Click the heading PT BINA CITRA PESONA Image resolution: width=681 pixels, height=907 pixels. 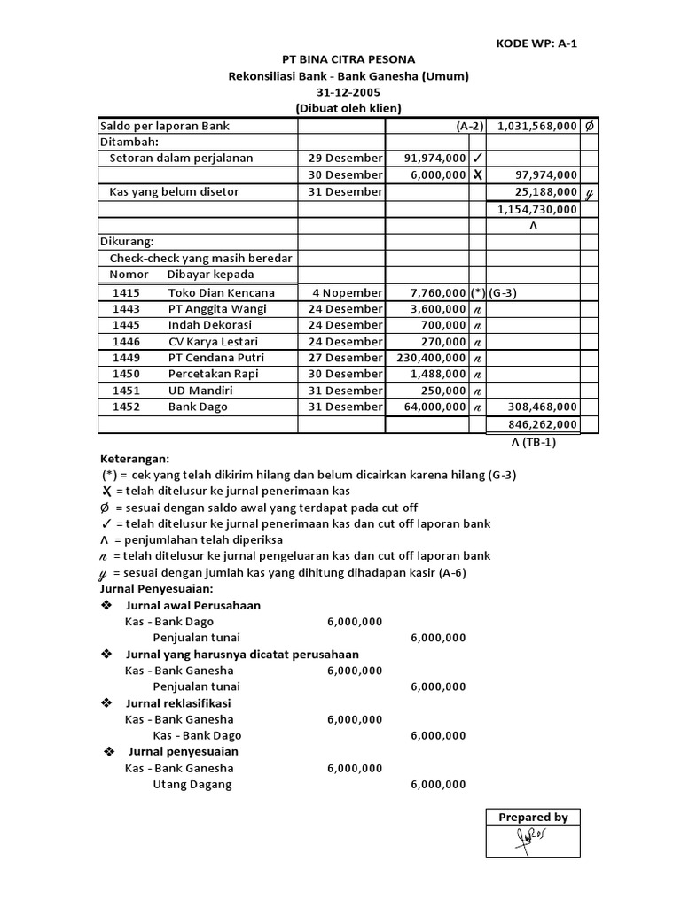(348, 59)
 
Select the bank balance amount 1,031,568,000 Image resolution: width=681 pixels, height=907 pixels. (537, 127)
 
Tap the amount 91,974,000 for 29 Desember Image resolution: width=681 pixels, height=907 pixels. (434, 159)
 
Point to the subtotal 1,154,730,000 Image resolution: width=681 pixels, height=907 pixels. (537, 209)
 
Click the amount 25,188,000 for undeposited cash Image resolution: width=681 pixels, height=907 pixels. (546, 191)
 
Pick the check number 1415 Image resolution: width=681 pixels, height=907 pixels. (126, 292)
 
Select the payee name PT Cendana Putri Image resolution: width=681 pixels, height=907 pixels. (216, 358)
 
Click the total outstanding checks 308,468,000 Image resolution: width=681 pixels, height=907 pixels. (542, 407)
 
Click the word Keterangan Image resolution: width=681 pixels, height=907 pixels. (133, 459)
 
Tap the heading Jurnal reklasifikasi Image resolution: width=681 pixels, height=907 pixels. (182, 703)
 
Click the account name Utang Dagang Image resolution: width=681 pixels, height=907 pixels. (192, 785)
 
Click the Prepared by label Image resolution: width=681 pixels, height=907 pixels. (533, 818)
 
